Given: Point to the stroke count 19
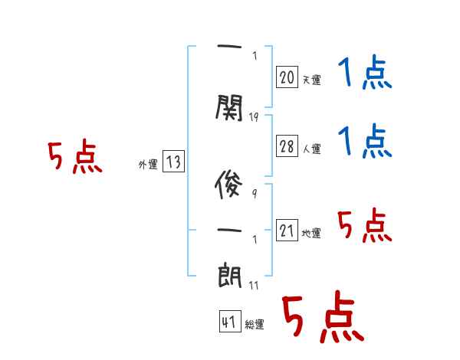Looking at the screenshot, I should coord(255,117).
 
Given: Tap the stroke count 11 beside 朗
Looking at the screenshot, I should coord(255,286).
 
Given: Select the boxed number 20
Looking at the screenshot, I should coord(287,77).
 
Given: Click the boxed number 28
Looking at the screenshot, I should coord(287,146).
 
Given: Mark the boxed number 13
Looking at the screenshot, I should coord(173,162).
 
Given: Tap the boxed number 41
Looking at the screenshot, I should coord(228,322).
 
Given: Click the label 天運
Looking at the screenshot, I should coord(311,79).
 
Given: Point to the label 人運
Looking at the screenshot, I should coord(311,149).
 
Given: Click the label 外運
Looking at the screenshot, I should coord(148,164).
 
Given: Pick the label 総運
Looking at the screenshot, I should coord(254,325).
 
